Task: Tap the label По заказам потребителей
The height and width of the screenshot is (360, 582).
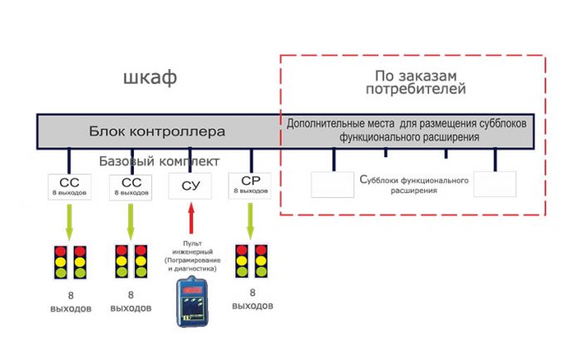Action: (x=414, y=81)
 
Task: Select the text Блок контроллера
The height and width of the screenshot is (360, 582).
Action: (x=157, y=131)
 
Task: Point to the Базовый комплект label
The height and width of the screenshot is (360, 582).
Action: (x=160, y=160)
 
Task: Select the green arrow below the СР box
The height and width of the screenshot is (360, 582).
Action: (x=250, y=219)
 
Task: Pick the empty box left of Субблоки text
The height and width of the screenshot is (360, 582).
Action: (x=333, y=184)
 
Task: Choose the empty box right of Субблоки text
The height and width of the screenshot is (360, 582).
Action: (x=495, y=184)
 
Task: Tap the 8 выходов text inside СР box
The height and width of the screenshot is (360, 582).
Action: (x=250, y=191)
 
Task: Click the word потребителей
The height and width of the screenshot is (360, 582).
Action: (x=414, y=88)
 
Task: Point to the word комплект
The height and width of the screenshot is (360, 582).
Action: (x=191, y=160)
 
